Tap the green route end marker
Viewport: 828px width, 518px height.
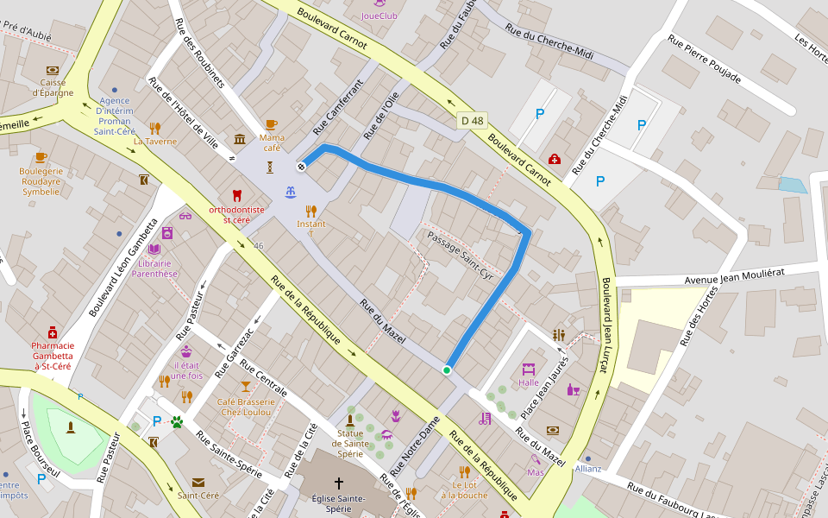tap(447, 370)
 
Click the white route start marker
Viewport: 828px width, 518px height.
tap(302, 166)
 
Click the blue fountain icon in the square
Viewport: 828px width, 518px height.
tap(291, 191)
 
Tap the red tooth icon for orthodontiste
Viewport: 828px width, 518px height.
tap(237, 196)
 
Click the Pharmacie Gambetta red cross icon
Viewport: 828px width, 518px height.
tap(53, 332)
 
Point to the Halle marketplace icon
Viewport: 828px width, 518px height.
tap(529, 368)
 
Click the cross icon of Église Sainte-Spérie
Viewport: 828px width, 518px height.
tap(338, 483)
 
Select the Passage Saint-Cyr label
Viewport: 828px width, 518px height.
tap(459, 253)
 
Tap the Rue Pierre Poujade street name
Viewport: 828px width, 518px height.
tap(704, 59)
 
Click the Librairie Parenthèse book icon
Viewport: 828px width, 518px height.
tap(154, 249)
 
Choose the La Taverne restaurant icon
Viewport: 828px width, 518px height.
tap(154, 128)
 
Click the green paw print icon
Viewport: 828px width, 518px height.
tap(178, 422)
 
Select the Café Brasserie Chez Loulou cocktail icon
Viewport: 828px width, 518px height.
tap(246, 386)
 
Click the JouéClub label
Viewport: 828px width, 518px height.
tap(379, 15)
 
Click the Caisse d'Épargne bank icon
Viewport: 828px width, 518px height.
tap(53, 70)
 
